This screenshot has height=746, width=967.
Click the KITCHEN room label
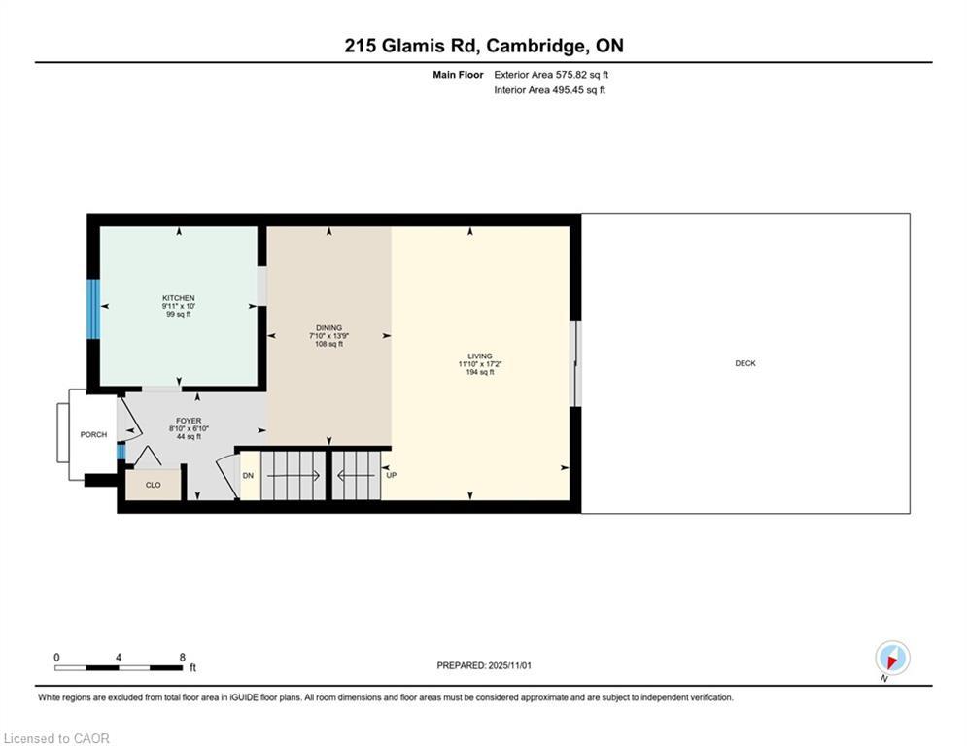point(178,298)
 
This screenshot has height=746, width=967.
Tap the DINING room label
point(328,328)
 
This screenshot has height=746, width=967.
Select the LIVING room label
point(480,356)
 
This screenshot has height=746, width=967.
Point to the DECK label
point(745,363)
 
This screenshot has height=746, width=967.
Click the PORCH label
point(93,434)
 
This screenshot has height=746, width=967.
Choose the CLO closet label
point(153,486)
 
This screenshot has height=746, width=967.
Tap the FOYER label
point(189,421)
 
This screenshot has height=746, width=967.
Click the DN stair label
point(248,476)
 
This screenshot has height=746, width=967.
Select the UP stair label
point(391,475)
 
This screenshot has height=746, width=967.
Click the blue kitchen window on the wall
point(92,309)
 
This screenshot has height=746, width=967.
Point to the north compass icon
point(892,659)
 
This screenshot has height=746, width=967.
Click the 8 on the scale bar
point(183,658)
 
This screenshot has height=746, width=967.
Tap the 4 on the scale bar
point(119,658)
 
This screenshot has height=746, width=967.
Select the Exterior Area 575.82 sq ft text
point(551,75)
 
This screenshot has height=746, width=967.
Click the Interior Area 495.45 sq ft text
point(549,90)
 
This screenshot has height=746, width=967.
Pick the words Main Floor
point(458,75)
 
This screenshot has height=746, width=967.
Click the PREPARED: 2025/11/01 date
point(484,665)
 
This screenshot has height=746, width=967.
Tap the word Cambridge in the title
point(535,47)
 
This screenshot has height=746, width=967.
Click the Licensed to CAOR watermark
point(56,738)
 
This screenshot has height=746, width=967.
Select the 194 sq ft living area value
point(480,372)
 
